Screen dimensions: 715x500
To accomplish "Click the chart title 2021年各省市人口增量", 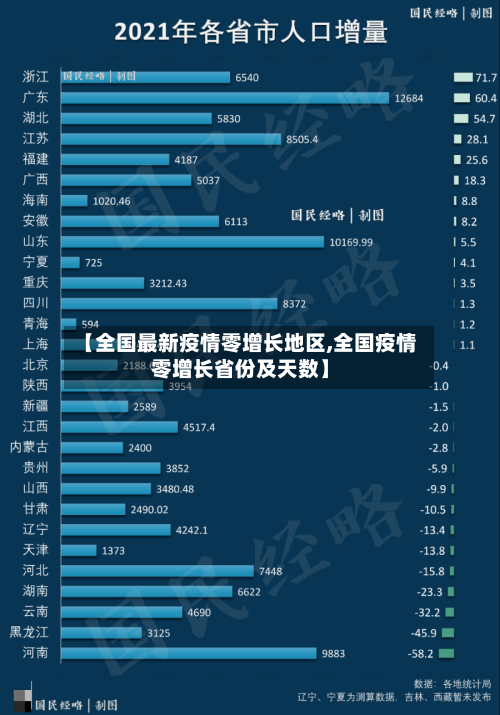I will click(x=250, y=32).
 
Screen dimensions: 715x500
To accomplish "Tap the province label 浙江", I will click(x=35, y=77).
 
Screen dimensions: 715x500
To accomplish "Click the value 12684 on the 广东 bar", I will click(x=409, y=98).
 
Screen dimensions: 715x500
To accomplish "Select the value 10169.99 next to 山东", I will click(x=351, y=242).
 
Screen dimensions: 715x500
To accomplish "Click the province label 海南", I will click(x=35, y=200).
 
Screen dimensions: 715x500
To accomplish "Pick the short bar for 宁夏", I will click(x=71, y=262).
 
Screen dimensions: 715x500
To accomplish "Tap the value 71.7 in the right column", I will click(x=485, y=77).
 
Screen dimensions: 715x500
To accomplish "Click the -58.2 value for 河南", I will click(x=421, y=653).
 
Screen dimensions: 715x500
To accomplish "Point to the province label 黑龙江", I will click(x=29, y=632).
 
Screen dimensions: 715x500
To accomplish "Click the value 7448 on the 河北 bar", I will click(x=270, y=571).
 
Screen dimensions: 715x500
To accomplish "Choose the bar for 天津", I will click(x=79, y=550).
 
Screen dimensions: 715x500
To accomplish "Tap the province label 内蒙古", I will click(x=29, y=447).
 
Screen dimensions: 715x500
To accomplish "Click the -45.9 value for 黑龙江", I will click(x=421, y=633).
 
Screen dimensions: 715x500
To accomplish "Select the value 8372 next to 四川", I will click(x=294, y=303).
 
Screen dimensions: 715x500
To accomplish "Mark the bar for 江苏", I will click(x=171, y=139).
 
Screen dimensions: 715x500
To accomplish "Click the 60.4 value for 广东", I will click(x=485, y=98).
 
